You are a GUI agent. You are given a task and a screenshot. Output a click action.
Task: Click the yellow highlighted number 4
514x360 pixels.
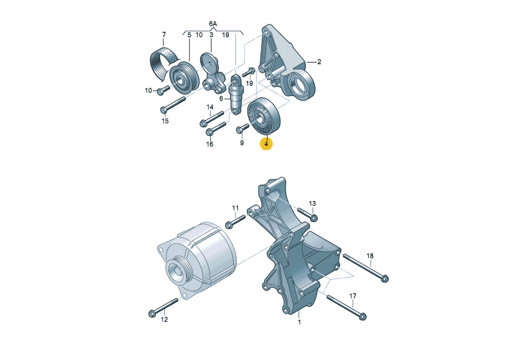point(266,144)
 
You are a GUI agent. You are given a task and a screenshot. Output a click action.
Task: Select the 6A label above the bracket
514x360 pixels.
point(213,23)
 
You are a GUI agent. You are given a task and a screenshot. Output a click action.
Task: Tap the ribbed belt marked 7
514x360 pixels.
point(163,63)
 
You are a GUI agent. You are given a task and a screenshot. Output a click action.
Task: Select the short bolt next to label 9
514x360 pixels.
point(243,129)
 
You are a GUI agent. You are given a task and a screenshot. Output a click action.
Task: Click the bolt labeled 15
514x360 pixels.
point(173,103)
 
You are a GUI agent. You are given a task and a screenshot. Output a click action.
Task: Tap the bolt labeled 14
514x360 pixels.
point(212,118)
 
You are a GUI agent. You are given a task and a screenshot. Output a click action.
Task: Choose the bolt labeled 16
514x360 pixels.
point(216,128)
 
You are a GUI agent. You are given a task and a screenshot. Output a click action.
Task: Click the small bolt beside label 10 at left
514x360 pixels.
point(163,90)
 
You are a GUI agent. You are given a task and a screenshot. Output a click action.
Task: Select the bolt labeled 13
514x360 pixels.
point(307,213)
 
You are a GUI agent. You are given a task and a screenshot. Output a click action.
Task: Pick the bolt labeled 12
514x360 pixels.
point(163,307)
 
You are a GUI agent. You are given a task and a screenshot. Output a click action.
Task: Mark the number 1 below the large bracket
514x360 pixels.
point(299,322)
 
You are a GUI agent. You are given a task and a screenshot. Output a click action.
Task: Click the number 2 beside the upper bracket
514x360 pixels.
point(319,62)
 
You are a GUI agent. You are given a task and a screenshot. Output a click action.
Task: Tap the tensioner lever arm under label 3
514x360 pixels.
point(212,72)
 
